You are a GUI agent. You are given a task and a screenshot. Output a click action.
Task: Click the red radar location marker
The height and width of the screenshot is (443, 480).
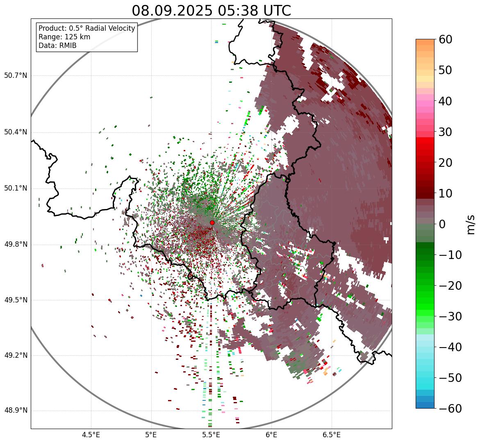212,223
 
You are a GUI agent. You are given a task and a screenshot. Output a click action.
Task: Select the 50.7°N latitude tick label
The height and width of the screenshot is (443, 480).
16,75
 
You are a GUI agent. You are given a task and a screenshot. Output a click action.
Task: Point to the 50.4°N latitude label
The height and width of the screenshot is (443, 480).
16,132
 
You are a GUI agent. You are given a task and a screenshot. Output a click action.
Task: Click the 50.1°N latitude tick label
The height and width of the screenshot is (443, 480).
16,189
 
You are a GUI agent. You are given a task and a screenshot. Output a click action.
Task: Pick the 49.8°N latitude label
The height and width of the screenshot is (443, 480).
16,244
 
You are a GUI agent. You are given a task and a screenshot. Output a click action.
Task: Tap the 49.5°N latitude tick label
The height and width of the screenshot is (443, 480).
16,300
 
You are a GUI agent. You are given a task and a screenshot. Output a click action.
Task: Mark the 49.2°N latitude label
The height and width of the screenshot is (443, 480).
16,355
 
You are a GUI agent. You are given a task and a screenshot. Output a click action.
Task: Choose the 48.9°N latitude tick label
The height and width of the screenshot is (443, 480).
16,411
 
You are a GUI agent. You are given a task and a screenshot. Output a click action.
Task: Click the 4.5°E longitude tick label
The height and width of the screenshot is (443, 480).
91,435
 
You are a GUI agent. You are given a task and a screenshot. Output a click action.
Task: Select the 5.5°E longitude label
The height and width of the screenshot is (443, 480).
211,435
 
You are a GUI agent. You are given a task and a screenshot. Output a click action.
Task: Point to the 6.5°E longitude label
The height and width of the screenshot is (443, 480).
331,435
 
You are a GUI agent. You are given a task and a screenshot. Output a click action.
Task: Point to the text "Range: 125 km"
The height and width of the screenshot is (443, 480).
64,37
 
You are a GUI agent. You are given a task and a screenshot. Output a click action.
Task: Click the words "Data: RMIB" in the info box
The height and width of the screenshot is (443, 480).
57,45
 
